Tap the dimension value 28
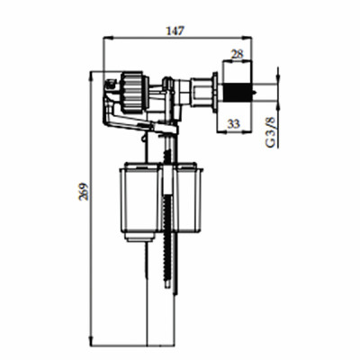[x=237, y=54]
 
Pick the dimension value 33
[x=233, y=124]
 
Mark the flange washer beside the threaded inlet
[x=217, y=92]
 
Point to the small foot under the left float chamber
[x=136, y=236]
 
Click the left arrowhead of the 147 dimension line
[x=108, y=39]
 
